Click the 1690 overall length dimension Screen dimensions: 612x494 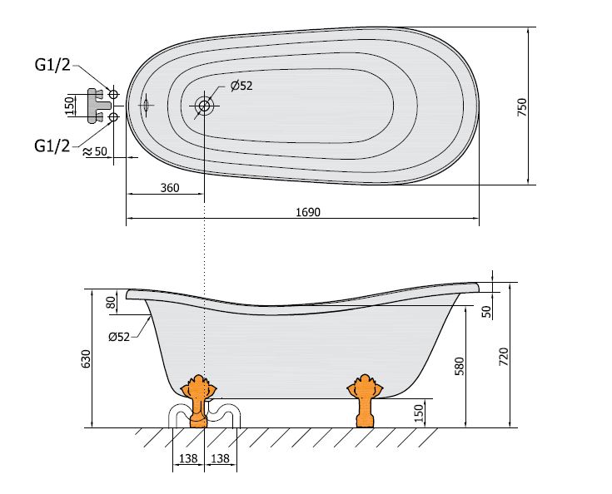tap(308, 212)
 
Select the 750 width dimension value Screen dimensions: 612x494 tap(522, 106)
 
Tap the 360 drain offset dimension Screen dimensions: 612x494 tap(170, 188)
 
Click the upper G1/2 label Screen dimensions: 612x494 tap(52, 65)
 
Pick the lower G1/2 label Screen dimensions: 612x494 tap(52, 146)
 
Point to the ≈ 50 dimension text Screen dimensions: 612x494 tap(95, 151)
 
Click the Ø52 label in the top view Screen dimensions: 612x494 tap(241, 86)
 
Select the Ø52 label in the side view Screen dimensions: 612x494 tap(119, 336)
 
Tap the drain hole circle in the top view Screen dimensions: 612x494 tap(204, 106)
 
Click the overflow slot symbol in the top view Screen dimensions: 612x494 tap(146, 105)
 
